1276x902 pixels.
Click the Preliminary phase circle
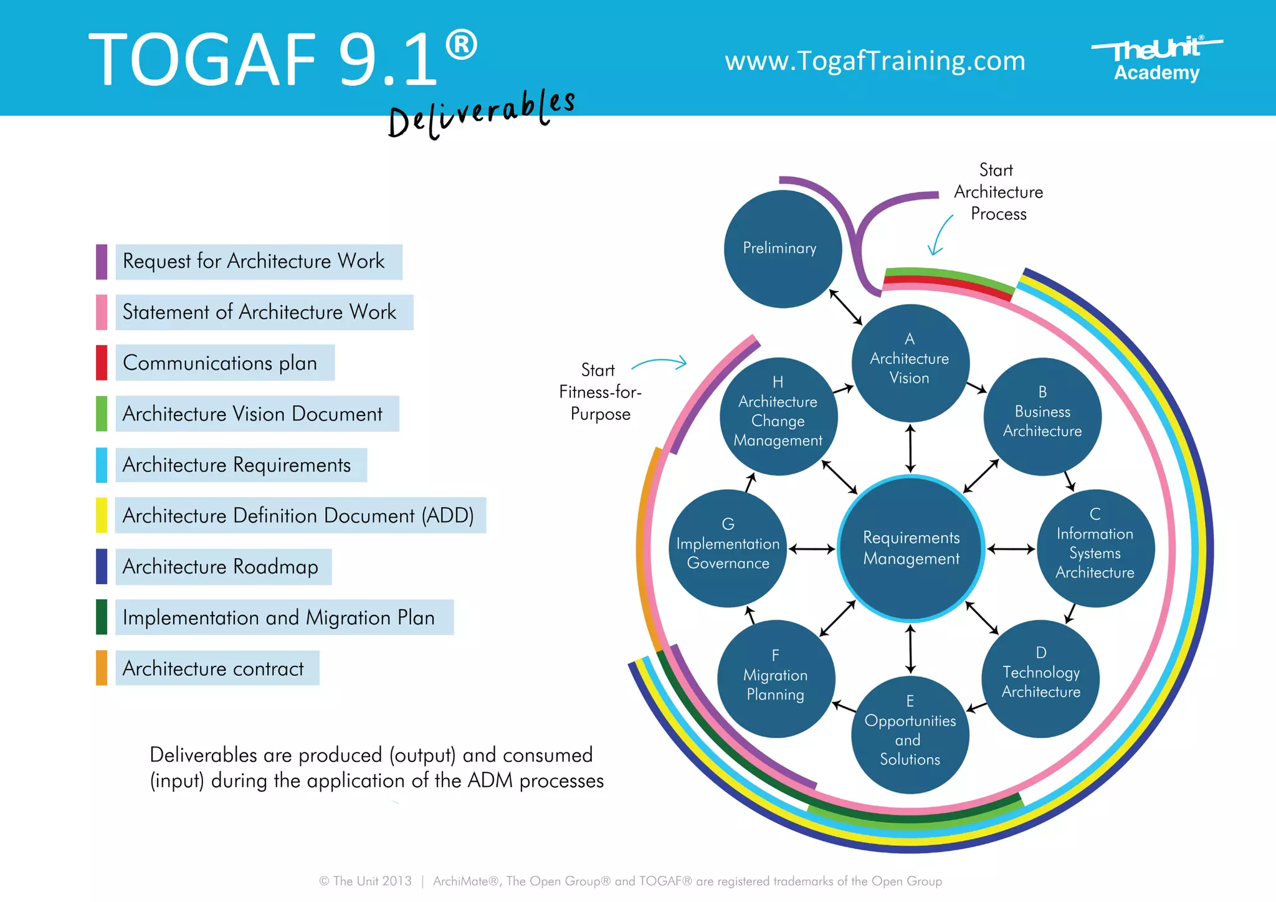783,249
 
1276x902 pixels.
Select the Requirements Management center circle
911,548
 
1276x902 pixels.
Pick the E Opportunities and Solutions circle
910,734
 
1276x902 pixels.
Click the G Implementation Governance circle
728,548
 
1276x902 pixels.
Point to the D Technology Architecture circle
1040,678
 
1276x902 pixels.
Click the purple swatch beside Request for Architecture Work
102,262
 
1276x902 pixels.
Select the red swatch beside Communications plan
102,363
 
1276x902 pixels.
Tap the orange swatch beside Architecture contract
102,668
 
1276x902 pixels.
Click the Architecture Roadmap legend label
221,567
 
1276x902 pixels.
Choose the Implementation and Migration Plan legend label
279,617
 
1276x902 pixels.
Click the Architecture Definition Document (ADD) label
298,516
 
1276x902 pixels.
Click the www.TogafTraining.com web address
875,61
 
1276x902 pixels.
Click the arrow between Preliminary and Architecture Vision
845,307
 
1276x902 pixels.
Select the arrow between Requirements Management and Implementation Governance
812,549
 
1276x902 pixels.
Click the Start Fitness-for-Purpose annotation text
599,392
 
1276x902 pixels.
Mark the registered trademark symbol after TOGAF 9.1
462,46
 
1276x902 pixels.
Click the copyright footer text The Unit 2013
366,881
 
